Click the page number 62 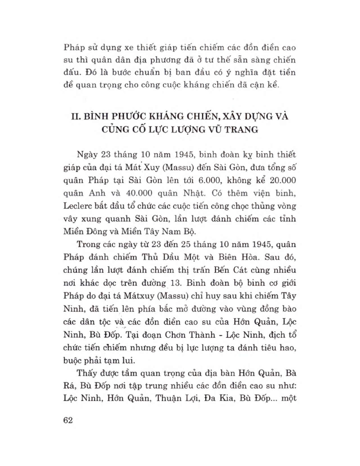coord(67,419)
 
